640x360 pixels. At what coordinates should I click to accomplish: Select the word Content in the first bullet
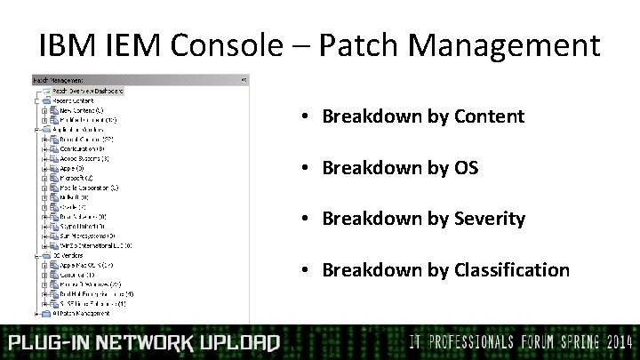(489, 116)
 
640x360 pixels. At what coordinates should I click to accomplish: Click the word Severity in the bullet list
(490, 219)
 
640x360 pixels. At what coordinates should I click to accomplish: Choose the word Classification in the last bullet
(512, 269)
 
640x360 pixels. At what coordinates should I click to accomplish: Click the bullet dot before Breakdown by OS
(304, 167)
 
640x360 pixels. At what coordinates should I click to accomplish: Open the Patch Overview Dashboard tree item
(87, 91)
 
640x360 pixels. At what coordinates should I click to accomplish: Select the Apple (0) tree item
(68, 168)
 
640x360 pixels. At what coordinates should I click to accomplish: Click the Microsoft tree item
(71, 178)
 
